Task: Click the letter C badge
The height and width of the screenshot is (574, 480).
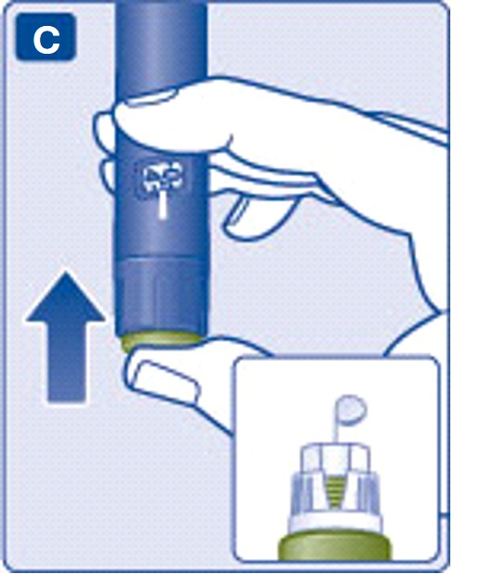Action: point(45,37)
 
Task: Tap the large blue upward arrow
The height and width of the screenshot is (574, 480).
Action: point(66,337)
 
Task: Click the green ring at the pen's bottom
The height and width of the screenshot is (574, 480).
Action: point(162,341)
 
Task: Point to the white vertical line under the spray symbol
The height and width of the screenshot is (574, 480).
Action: point(162,207)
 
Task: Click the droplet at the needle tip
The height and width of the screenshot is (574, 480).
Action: point(351,409)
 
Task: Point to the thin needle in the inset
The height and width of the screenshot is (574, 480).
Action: point(334,428)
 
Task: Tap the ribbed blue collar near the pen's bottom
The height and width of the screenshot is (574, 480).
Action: point(162,297)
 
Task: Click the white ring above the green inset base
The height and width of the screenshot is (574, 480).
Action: point(334,524)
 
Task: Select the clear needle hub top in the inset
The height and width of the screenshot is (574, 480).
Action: point(334,457)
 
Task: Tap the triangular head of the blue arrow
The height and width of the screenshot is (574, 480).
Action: point(66,299)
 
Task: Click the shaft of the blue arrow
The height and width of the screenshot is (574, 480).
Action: point(67,363)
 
